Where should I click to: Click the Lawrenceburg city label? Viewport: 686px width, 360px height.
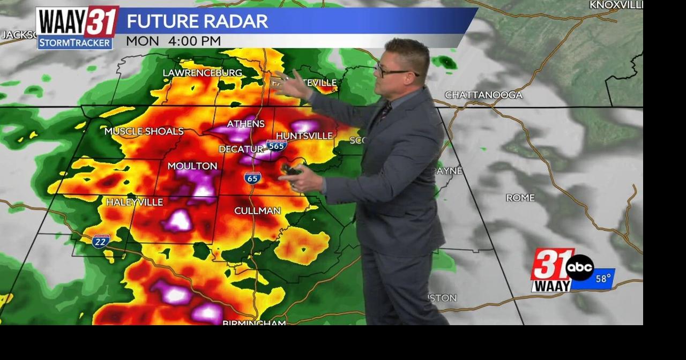click(x=202, y=72)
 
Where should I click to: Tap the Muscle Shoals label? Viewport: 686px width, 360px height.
click(x=144, y=131)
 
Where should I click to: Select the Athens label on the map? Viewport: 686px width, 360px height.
click(x=245, y=124)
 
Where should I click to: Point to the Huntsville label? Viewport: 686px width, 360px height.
click(x=304, y=136)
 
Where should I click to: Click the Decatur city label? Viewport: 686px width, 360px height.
click(x=241, y=149)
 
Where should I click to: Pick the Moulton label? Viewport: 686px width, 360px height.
click(x=192, y=166)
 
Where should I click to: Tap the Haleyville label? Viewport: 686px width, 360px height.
click(x=135, y=202)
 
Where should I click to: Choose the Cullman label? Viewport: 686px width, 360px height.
click(x=257, y=211)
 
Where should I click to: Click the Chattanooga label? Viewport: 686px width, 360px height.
click(x=483, y=95)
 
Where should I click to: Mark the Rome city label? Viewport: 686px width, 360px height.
click(x=520, y=198)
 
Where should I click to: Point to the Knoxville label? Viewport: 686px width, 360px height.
click(x=616, y=5)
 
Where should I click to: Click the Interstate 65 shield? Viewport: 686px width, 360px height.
click(x=252, y=178)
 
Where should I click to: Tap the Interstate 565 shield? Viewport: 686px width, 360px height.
click(x=277, y=145)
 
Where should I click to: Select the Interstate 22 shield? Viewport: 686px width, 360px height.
click(x=101, y=241)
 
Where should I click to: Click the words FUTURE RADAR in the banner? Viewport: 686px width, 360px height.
click(x=197, y=21)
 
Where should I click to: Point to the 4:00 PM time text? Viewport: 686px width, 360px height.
click(x=194, y=41)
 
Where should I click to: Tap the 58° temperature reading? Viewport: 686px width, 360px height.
click(x=603, y=279)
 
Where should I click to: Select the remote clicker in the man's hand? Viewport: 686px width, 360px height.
click(x=291, y=170)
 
